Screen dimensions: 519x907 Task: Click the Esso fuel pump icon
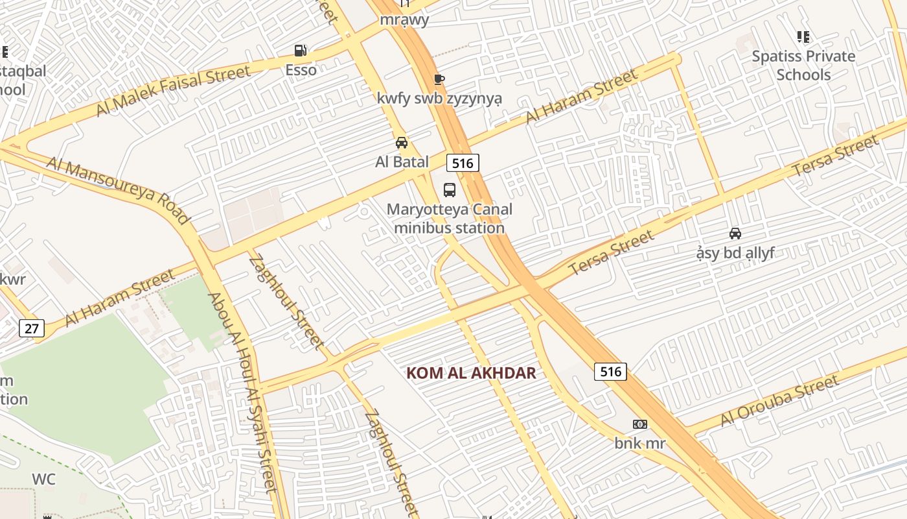point(300,51)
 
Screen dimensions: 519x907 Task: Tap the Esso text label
point(301,69)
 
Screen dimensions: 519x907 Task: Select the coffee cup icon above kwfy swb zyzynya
point(439,80)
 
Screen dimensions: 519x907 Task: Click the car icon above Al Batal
point(402,143)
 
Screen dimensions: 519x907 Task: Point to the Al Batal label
point(402,162)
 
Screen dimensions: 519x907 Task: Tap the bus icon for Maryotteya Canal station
point(449,190)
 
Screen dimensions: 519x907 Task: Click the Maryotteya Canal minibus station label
point(449,219)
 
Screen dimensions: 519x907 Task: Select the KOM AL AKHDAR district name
point(471,373)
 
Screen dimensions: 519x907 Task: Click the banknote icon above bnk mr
point(639,424)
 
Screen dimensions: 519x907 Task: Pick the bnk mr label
point(639,444)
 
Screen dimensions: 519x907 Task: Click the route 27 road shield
point(31,328)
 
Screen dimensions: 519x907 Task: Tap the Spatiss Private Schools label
point(803,66)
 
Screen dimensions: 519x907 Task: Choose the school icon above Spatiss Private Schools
point(803,37)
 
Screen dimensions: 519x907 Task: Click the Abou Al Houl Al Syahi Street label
point(242,392)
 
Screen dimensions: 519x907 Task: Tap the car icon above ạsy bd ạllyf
point(735,234)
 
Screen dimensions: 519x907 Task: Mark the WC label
point(44,479)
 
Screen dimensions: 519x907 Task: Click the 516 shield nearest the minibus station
point(463,163)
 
